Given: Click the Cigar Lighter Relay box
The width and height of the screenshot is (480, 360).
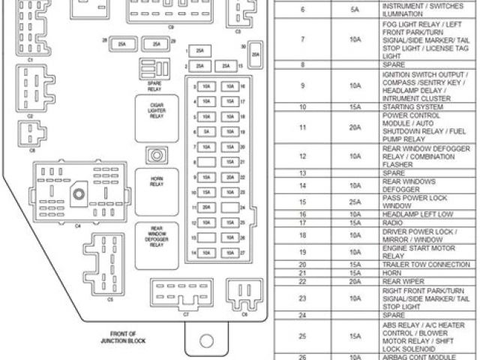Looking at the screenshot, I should tap(157, 111).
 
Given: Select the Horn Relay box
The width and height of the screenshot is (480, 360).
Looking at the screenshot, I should tap(157, 182).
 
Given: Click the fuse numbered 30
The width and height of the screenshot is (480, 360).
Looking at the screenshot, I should tap(256, 55).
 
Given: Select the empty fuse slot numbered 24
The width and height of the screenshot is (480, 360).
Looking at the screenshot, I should tap(229, 207).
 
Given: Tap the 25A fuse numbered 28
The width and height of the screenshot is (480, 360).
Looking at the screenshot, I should tap(121, 44).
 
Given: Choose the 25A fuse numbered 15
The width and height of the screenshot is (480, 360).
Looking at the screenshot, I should tap(226, 67).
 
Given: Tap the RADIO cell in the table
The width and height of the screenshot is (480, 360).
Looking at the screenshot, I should tap(393, 223).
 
